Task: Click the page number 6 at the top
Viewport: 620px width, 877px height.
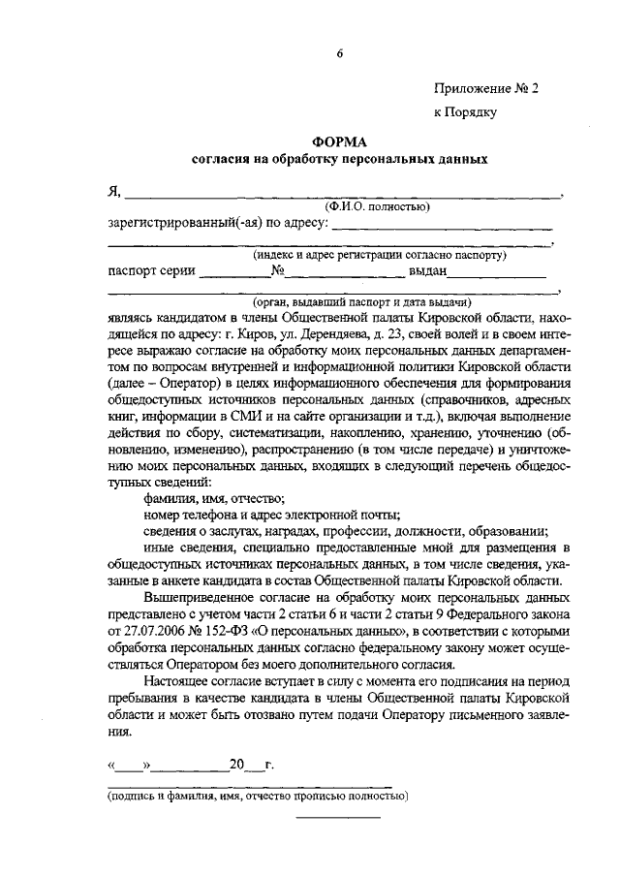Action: click(x=340, y=53)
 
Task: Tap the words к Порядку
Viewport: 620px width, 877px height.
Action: click(x=465, y=112)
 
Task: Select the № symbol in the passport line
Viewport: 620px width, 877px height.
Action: click(x=277, y=271)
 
